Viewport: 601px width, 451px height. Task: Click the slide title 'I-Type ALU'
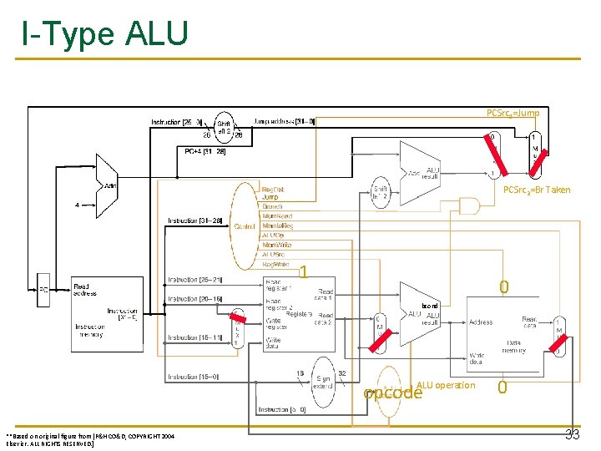click(x=105, y=34)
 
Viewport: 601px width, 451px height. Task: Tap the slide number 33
click(x=573, y=433)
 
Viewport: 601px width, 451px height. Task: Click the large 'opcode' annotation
click(x=393, y=393)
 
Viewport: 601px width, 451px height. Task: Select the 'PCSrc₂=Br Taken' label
click(x=537, y=190)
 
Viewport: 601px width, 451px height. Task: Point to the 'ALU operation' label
click(x=446, y=385)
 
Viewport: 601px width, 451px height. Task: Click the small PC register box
click(x=43, y=290)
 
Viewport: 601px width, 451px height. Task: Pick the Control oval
click(x=245, y=225)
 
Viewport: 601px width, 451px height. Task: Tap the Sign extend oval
click(x=322, y=381)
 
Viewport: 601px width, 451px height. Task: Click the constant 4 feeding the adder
click(x=77, y=204)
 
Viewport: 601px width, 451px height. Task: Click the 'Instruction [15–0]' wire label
click(x=193, y=378)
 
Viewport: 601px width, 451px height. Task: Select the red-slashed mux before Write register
click(x=239, y=327)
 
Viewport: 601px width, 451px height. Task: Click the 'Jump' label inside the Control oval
click(x=270, y=197)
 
